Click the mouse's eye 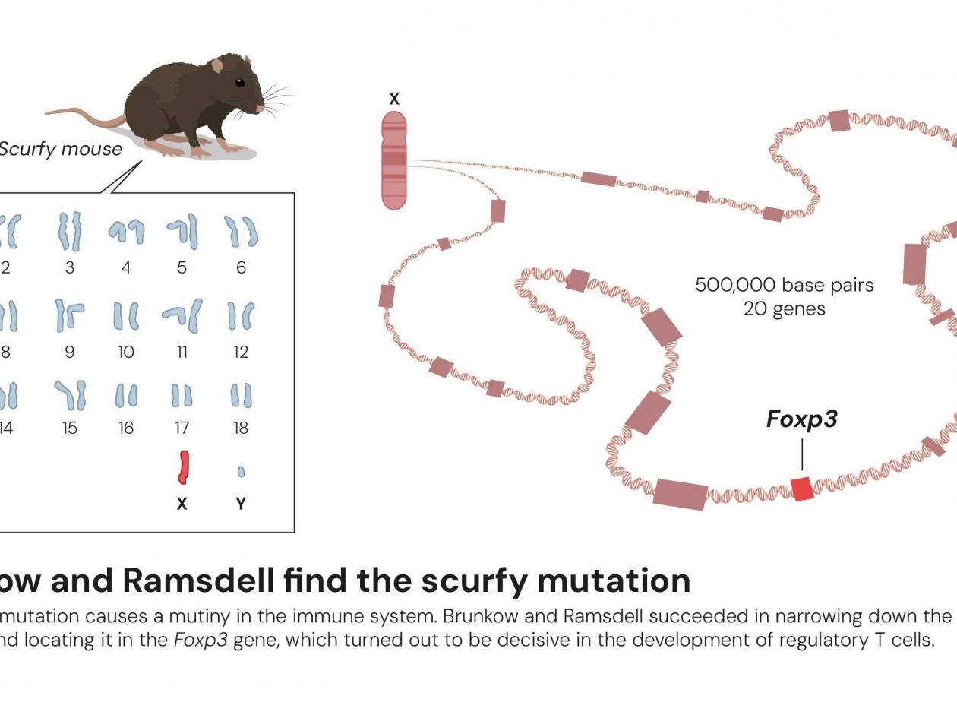point(239,82)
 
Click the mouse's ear point(217,66)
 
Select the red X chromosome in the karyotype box point(183,467)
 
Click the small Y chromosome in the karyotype point(241,472)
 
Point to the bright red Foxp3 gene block point(802,489)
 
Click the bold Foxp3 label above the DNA point(801,419)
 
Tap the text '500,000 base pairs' point(784,285)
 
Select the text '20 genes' point(784,309)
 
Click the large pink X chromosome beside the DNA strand point(394,160)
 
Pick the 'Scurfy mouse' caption point(60,149)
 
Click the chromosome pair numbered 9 point(69,315)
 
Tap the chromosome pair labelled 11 point(182,315)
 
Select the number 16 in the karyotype point(126,428)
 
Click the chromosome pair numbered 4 point(126,231)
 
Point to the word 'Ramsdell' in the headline point(198,580)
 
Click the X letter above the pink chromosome point(393,99)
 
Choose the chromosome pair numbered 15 point(71,395)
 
